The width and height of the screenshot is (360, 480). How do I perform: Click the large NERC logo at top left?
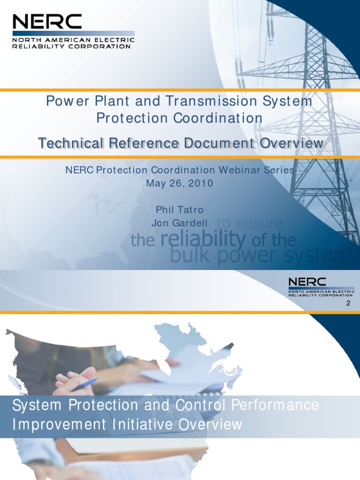click(x=47, y=22)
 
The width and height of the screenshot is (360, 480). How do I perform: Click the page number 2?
click(x=348, y=304)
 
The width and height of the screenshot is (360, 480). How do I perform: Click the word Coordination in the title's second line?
click(x=218, y=118)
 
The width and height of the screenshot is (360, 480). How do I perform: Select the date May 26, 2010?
click(x=180, y=183)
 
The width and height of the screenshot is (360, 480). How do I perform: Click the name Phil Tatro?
click(x=180, y=210)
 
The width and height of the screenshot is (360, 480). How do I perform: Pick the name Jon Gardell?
click(x=180, y=223)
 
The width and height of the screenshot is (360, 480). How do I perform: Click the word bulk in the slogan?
click(x=187, y=255)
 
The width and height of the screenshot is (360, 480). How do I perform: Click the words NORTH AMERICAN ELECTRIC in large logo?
click(x=73, y=40)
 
